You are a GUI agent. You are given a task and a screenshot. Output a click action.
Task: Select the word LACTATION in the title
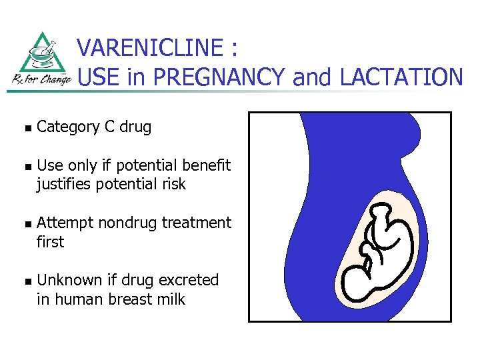tap(401, 78)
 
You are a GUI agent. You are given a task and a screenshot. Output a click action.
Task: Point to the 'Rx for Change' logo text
tap(42, 79)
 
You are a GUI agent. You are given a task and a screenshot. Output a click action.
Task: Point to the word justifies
tap(64, 184)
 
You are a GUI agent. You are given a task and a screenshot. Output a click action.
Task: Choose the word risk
tap(171, 184)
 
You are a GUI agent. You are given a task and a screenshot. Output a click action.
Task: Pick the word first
tap(50, 241)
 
